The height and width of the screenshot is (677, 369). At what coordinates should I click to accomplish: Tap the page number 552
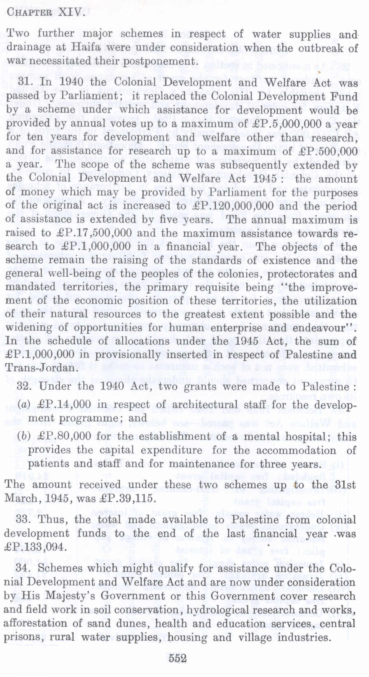177,658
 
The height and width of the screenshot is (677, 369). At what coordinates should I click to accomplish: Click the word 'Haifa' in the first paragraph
84,47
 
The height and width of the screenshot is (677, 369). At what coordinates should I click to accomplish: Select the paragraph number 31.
26,82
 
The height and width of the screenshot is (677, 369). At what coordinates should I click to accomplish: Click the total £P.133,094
35,547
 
